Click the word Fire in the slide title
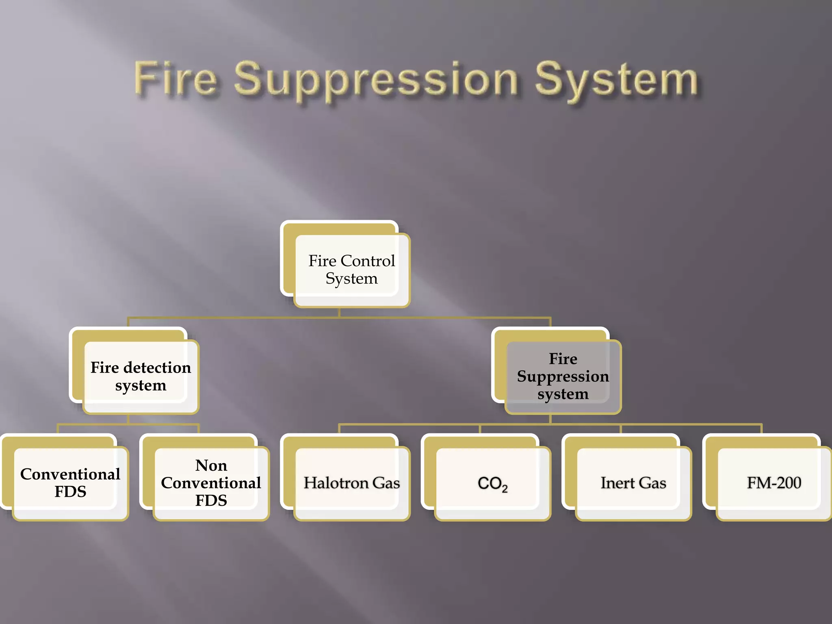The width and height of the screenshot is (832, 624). click(x=175, y=78)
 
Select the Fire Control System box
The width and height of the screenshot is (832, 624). click(x=351, y=269)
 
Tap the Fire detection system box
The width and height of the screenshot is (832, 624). click(x=141, y=376)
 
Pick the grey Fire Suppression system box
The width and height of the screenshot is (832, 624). click(x=563, y=376)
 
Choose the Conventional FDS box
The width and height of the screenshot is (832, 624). click(x=70, y=483)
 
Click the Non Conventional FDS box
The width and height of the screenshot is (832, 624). click(x=211, y=483)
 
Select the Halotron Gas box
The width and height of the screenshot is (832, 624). click(x=351, y=483)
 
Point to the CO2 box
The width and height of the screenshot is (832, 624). click(x=492, y=483)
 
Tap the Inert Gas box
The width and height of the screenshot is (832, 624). click(x=633, y=483)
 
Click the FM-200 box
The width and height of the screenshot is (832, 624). click(x=774, y=483)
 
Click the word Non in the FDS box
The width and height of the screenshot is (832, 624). click(x=211, y=466)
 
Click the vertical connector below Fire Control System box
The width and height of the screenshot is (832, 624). click(x=339, y=312)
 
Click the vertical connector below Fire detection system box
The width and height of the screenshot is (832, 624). click(x=128, y=419)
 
